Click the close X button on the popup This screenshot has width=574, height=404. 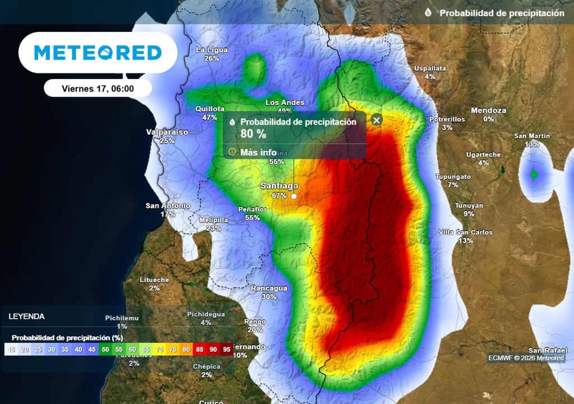(377, 120)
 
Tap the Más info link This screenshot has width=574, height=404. (258, 152)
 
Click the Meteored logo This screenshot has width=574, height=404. (98, 53)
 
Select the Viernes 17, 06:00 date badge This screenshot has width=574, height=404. (98, 88)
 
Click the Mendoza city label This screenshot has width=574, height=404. (488, 111)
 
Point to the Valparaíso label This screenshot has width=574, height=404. (167, 132)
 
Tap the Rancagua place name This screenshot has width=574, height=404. (269, 288)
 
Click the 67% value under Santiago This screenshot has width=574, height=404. (279, 196)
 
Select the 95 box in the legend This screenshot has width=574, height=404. (226, 350)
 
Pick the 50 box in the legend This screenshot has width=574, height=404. (105, 350)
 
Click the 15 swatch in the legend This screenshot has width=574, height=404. (11, 350)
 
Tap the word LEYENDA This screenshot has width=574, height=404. (26, 316)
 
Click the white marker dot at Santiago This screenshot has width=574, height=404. (293, 196)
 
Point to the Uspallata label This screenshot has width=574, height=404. (430, 68)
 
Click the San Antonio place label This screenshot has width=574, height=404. (168, 206)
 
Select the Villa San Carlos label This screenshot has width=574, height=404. (465, 232)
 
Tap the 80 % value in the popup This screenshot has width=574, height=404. (253, 134)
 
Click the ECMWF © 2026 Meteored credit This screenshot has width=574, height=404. (526, 358)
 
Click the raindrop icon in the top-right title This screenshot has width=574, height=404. (428, 13)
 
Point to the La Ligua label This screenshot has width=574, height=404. (211, 50)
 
